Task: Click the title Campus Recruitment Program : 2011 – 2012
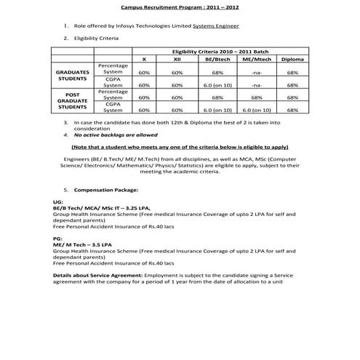click(x=180, y=7)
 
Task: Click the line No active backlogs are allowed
click(x=116, y=135)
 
